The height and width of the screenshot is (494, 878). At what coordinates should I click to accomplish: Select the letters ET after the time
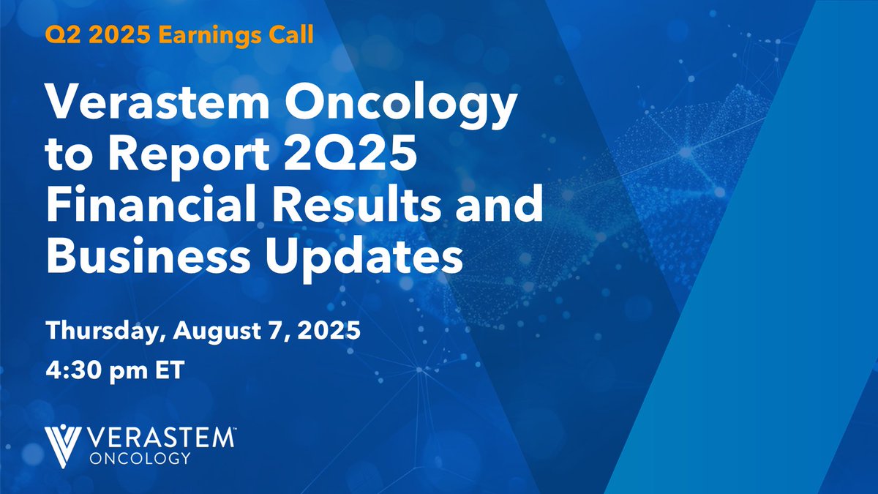tap(169, 369)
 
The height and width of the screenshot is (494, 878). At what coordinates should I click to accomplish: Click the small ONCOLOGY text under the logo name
tap(138, 458)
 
